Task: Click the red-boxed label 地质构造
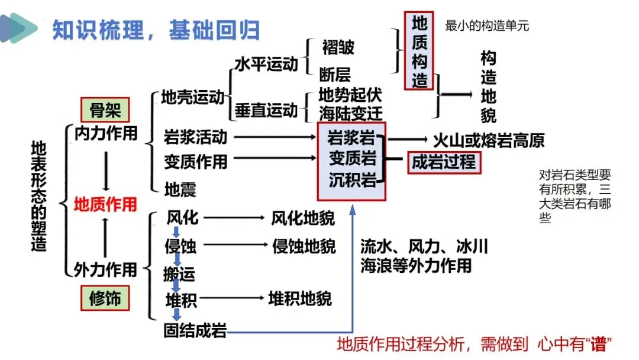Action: pyautogui.click(x=419, y=51)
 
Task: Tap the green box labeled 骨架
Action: pyautogui.click(x=105, y=110)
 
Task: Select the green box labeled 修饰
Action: pyautogui.click(x=105, y=298)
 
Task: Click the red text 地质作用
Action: pyautogui.click(x=105, y=205)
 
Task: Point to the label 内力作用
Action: pyautogui.click(x=105, y=133)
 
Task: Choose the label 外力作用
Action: pyautogui.click(x=105, y=269)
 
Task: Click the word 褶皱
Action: pyautogui.click(x=338, y=47)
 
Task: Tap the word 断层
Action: pyautogui.click(x=335, y=74)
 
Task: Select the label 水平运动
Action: pyautogui.click(x=266, y=65)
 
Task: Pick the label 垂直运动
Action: pyautogui.click(x=266, y=110)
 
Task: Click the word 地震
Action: pyautogui.click(x=180, y=189)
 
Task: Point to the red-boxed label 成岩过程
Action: pyautogui.click(x=444, y=162)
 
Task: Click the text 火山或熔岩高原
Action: pyautogui.click(x=489, y=140)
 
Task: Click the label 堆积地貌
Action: pyautogui.click(x=300, y=299)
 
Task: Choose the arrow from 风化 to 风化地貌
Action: pyautogui.click(x=234, y=218)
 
